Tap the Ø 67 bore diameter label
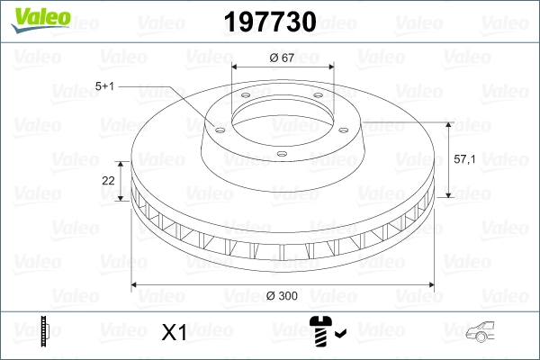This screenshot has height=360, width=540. (283, 58)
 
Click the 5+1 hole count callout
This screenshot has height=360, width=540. (103, 86)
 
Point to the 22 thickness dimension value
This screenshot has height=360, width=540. (108, 180)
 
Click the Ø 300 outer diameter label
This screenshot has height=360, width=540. (283, 295)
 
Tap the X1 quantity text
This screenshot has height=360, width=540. (173, 332)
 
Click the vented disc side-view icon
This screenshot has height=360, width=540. (45, 330)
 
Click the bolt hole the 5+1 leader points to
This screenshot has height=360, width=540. (217, 127)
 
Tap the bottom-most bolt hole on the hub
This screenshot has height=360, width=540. (282, 153)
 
